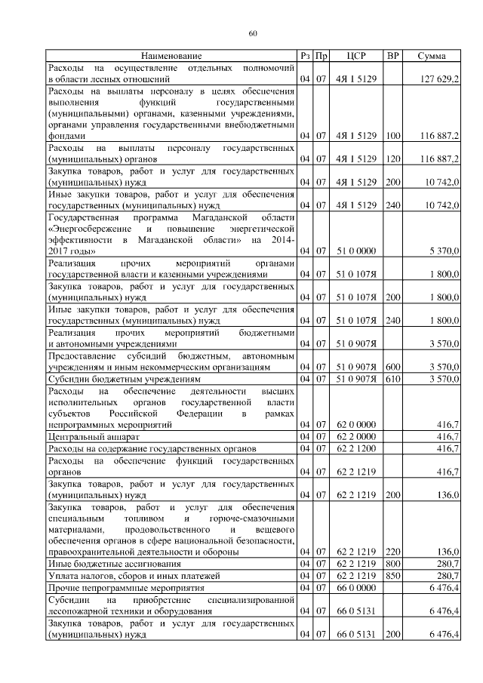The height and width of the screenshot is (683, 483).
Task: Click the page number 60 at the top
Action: pyautogui.click(x=253, y=33)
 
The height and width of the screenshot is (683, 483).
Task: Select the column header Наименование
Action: pyautogui.click(x=171, y=56)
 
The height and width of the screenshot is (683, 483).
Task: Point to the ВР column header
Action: pyautogui.click(x=392, y=56)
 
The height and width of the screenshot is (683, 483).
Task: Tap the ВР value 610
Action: pyautogui.click(x=392, y=379)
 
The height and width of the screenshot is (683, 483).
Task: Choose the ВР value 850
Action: pyautogui.click(x=392, y=575)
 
